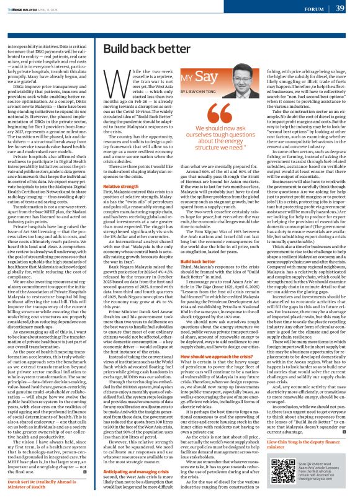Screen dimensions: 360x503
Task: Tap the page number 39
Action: pyautogui.click(x=340, y=7)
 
